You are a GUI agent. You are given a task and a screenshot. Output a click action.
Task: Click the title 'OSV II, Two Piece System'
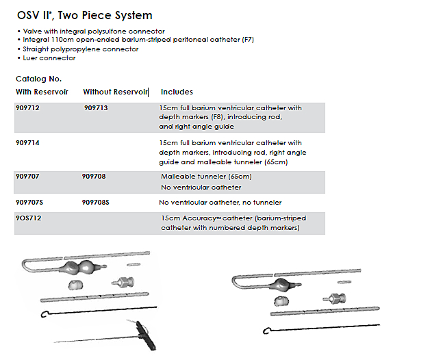click(84, 16)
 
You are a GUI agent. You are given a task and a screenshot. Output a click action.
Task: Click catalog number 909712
click(27, 107)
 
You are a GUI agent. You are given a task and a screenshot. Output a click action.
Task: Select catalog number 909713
click(96, 107)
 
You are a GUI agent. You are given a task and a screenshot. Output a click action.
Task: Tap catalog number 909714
click(27, 143)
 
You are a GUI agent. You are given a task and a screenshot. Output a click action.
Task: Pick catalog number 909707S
click(29, 203)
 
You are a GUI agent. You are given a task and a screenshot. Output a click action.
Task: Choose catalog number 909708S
click(95, 203)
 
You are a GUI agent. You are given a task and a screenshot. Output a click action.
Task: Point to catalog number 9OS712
click(29, 218)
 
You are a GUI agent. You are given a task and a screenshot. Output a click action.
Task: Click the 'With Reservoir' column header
click(42, 92)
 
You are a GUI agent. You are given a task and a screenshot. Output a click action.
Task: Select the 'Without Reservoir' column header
click(116, 92)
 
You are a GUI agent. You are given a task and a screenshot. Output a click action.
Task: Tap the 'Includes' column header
click(177, 92)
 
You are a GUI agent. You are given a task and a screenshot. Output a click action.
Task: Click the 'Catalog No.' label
click(38, 79)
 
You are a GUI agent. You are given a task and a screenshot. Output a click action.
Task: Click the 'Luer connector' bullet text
click(49, 58)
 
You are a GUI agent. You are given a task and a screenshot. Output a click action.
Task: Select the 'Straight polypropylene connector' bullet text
click(81, 49)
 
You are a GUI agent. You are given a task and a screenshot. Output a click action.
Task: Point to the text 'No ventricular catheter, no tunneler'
click(220, 203)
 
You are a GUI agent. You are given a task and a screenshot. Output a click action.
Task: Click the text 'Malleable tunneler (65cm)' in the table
click(206, 177)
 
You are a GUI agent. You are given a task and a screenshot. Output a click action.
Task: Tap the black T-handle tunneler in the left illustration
click(145, 336)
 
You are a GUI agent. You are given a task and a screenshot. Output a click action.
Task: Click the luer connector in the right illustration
click(335, 298)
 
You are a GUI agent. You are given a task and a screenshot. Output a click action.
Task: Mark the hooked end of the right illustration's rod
click(266, 331)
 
